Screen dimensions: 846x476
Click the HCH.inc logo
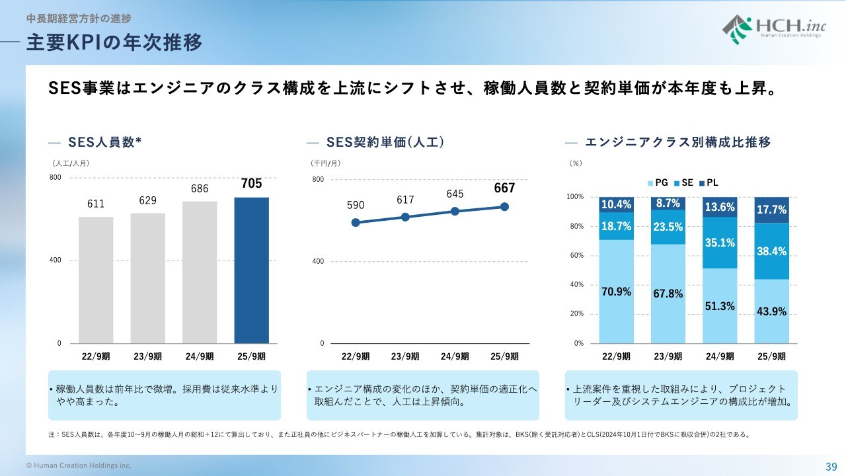point(774,30)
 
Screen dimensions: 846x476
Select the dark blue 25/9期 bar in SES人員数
point(252,270)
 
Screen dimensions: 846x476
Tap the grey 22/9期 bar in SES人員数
point(96,280)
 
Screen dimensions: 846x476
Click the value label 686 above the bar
point(200,188)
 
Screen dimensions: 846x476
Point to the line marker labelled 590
point(356,223)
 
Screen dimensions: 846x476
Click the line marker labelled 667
point(504,207)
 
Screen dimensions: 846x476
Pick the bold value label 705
point(252,184)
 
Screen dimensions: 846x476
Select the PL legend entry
point(709,183)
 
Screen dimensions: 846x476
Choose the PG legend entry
point(658,183)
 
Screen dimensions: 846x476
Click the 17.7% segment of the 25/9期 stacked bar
point(771,210)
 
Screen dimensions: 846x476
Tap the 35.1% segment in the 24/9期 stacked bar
point(720,243)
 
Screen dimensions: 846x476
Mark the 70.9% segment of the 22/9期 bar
point(617,292)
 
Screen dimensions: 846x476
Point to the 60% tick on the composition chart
point(577,256)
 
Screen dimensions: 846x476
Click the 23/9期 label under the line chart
point(405,356)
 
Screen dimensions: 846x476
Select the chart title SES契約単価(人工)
point(385,142)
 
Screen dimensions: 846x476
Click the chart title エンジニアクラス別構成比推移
point(678,142)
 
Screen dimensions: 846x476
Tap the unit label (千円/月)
point(326,163)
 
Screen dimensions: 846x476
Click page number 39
point(831,467)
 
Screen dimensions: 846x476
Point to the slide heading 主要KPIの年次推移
point(114,42)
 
